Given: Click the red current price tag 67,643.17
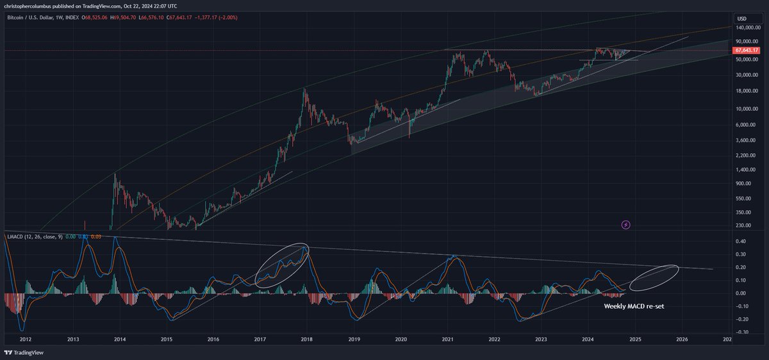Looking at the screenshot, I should click(x=749, y=49).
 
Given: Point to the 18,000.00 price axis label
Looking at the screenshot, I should click(x=748, y=90).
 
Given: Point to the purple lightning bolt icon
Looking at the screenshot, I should click(x=626, y=225).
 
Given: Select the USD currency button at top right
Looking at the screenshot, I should click(x=743, y=17).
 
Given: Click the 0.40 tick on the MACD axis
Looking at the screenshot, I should click(x=741, y=241).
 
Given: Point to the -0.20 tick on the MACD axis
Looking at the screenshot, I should click(x=741, y=319).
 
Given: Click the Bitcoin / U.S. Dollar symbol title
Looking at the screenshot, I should click(x=33, y=18).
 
